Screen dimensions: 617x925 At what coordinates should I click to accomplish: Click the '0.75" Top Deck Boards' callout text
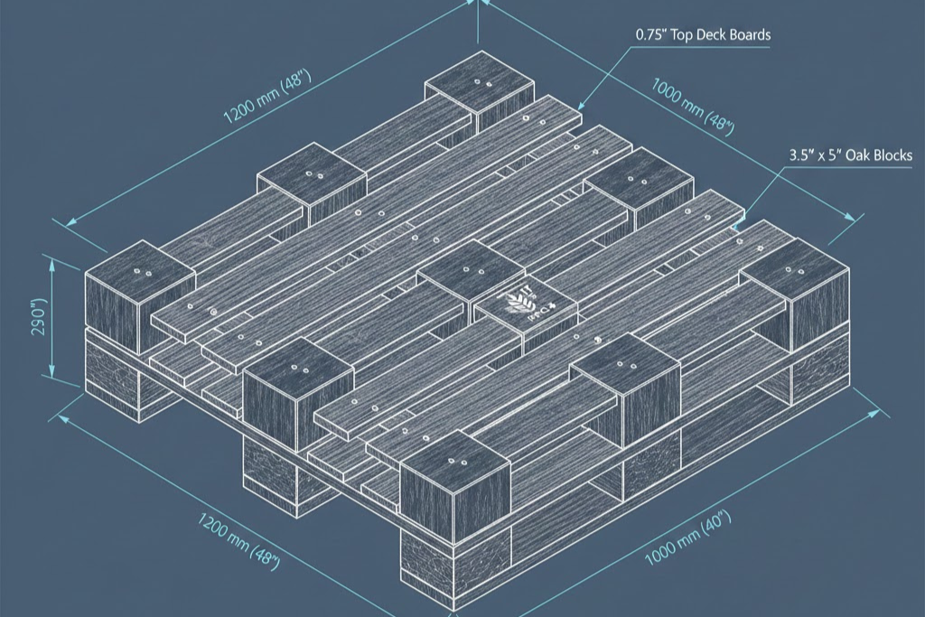tap(703, 35)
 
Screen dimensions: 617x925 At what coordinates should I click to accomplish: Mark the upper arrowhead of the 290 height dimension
tap(52, 264)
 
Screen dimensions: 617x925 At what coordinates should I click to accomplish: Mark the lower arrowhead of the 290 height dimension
tap(52, 373)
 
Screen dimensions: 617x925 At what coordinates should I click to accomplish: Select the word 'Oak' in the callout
tap(860, 155)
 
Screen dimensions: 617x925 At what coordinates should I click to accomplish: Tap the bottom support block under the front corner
tap(454, 565)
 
